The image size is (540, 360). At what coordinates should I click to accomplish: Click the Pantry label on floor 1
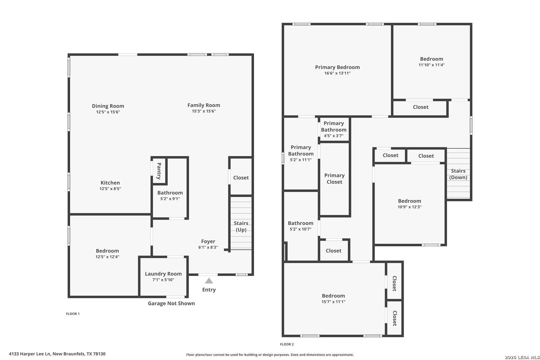pyautogui.click(x=159, y=171)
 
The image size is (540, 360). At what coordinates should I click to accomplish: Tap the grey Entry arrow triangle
pyautogui.click(x=209, y=281)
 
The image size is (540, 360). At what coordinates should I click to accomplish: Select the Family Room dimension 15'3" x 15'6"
pyautogui.click(x=204, y=111)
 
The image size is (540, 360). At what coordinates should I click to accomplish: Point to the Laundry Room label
pyautogui.click(x=163, y=274)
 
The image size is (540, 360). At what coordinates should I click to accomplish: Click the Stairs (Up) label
pyautogui.click(x=241, y=226)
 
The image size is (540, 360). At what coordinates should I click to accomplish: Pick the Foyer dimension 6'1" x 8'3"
pyautogui.click(x=208, y=247)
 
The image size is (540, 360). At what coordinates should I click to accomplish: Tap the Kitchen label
pyautogui.click(x=110, y=183)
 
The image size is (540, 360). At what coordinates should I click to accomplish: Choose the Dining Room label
pyautogui.click(x=108, y=106)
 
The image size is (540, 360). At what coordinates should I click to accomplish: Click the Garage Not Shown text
pyautogui.click(x=171, y=303)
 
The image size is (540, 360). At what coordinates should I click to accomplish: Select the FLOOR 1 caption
pyautogui.click(x=73, y=314)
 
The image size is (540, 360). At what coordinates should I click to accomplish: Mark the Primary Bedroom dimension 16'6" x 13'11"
pyautogui.click(x=337, y=73)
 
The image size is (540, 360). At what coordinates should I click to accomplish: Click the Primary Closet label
pyautogui.click(x=334, y=179)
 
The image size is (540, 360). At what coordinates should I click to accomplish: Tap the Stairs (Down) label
pyautogui.click(x=458, y=174)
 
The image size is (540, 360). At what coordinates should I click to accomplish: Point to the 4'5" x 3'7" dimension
pyautogui.click(x=334, y=136)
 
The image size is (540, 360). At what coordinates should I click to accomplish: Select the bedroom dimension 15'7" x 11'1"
pyautogui.click(x=333, y=302)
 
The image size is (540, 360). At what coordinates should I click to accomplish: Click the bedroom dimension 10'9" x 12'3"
pyautogui.click(x=410, y=207)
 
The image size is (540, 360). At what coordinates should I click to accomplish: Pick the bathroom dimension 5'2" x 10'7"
pyautogui.click(x=301, y=229)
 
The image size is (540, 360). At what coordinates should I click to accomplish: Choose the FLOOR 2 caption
pyautogui.click(x=287, y=344)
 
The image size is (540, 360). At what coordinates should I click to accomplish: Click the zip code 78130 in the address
pyautogui.click(x=99, y=354)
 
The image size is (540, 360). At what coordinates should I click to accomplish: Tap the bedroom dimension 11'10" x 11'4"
pyautogui.click(x=432, y=65)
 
